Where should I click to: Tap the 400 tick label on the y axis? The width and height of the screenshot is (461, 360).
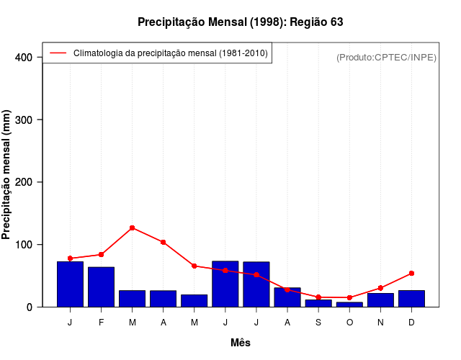point(25,57)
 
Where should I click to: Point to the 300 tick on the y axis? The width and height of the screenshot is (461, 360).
point(25,120)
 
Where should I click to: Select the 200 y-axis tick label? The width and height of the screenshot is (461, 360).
point(25,182)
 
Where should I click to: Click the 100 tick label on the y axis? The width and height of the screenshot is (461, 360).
point(25,245)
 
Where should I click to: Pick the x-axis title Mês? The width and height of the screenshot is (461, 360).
point(241,343)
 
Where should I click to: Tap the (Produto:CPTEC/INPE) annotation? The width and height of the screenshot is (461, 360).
point(386,57)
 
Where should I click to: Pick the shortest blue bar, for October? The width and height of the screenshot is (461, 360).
point(349,305)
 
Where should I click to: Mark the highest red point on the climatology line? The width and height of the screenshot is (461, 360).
point(133,228)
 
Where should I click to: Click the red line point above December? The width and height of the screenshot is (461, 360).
point(411,274)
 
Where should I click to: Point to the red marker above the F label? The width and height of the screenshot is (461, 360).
point(102,255)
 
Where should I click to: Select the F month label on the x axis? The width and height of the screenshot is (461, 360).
point(102,323)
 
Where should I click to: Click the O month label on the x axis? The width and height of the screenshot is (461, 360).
point(349,323)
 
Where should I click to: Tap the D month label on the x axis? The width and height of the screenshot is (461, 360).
point(411,323)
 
